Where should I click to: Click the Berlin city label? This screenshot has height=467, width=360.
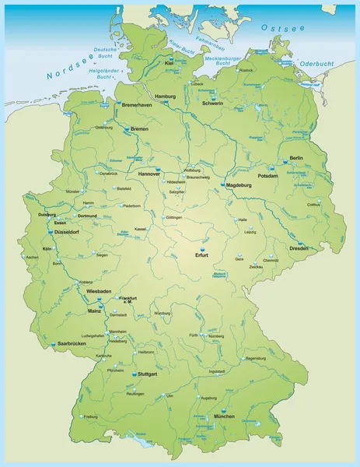(295, 158)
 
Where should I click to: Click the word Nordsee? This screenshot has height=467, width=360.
(68, 69)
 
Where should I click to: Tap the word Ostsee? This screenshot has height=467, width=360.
(281, 28)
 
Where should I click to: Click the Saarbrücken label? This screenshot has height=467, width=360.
(72, 343)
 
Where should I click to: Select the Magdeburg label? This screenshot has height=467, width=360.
(240, 186)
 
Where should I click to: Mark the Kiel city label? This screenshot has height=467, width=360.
(169, 64)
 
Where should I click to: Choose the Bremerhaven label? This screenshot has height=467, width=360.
(138, 104)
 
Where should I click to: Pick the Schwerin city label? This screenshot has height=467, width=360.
(212, 104)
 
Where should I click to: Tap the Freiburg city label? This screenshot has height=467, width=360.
(91, 416)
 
